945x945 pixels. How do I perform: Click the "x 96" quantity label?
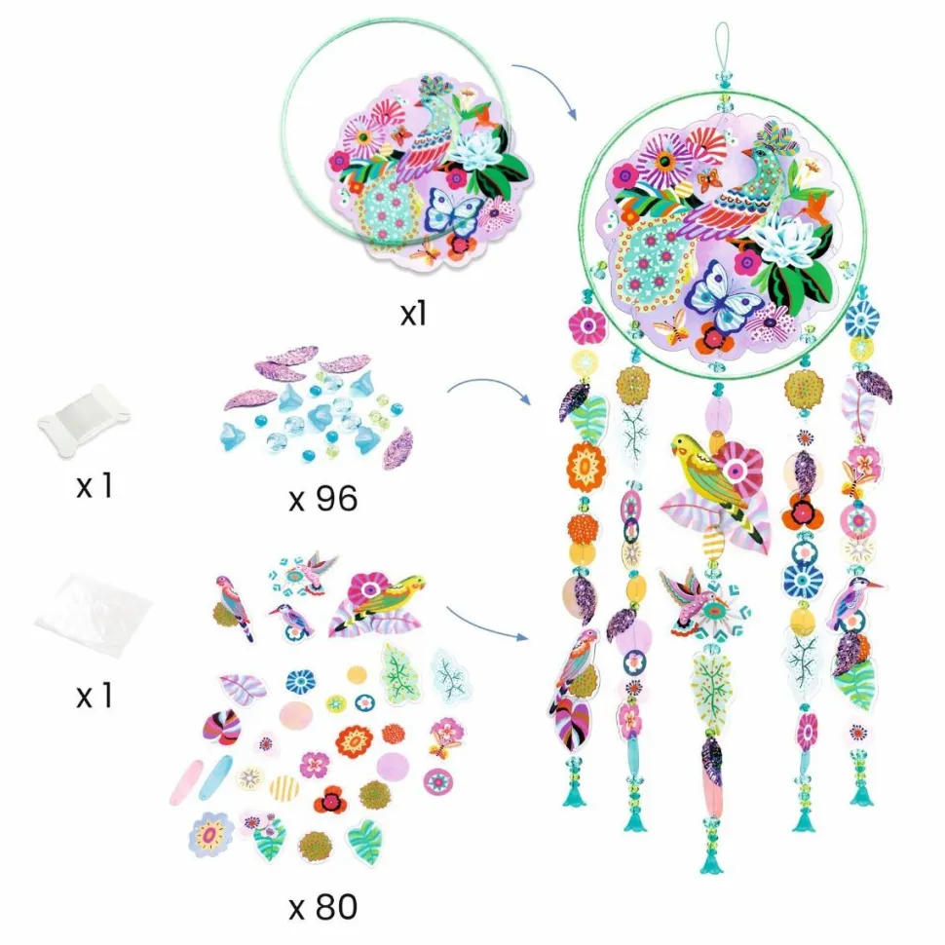tap(323, 499)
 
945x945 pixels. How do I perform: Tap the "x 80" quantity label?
tap(323, 908)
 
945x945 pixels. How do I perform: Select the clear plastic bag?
tap(93, 615)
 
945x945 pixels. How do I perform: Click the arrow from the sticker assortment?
tap(487, 624)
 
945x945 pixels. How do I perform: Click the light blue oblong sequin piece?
tap(215, 777)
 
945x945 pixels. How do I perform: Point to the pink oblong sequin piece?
tap(187, 782)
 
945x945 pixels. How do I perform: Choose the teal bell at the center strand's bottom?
tap(712, 862)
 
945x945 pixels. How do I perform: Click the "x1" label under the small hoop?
tap(413, 314)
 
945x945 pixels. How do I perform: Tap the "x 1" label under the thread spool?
tap(94, 486)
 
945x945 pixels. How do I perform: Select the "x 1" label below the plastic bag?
tap(94, 696)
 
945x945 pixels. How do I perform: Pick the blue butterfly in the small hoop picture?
tap(453, 212)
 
